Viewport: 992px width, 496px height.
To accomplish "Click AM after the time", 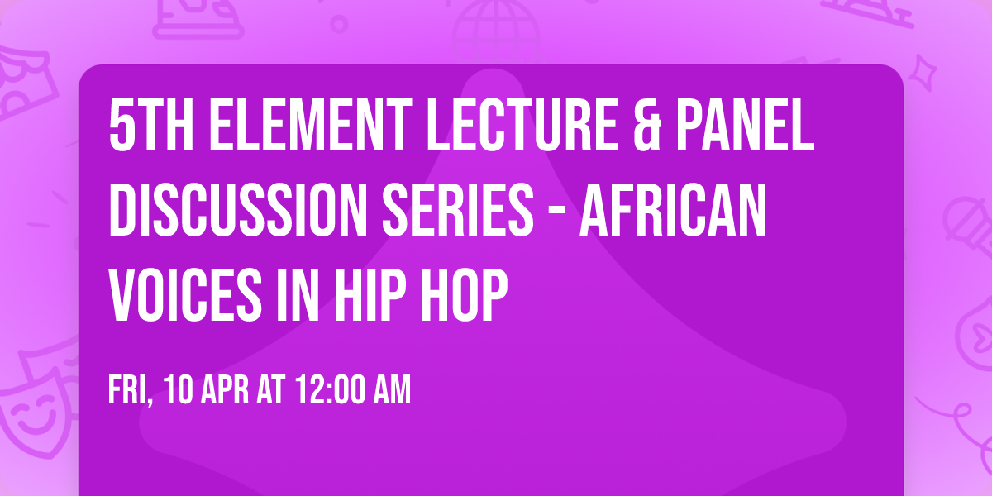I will [x=393, y=389].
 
